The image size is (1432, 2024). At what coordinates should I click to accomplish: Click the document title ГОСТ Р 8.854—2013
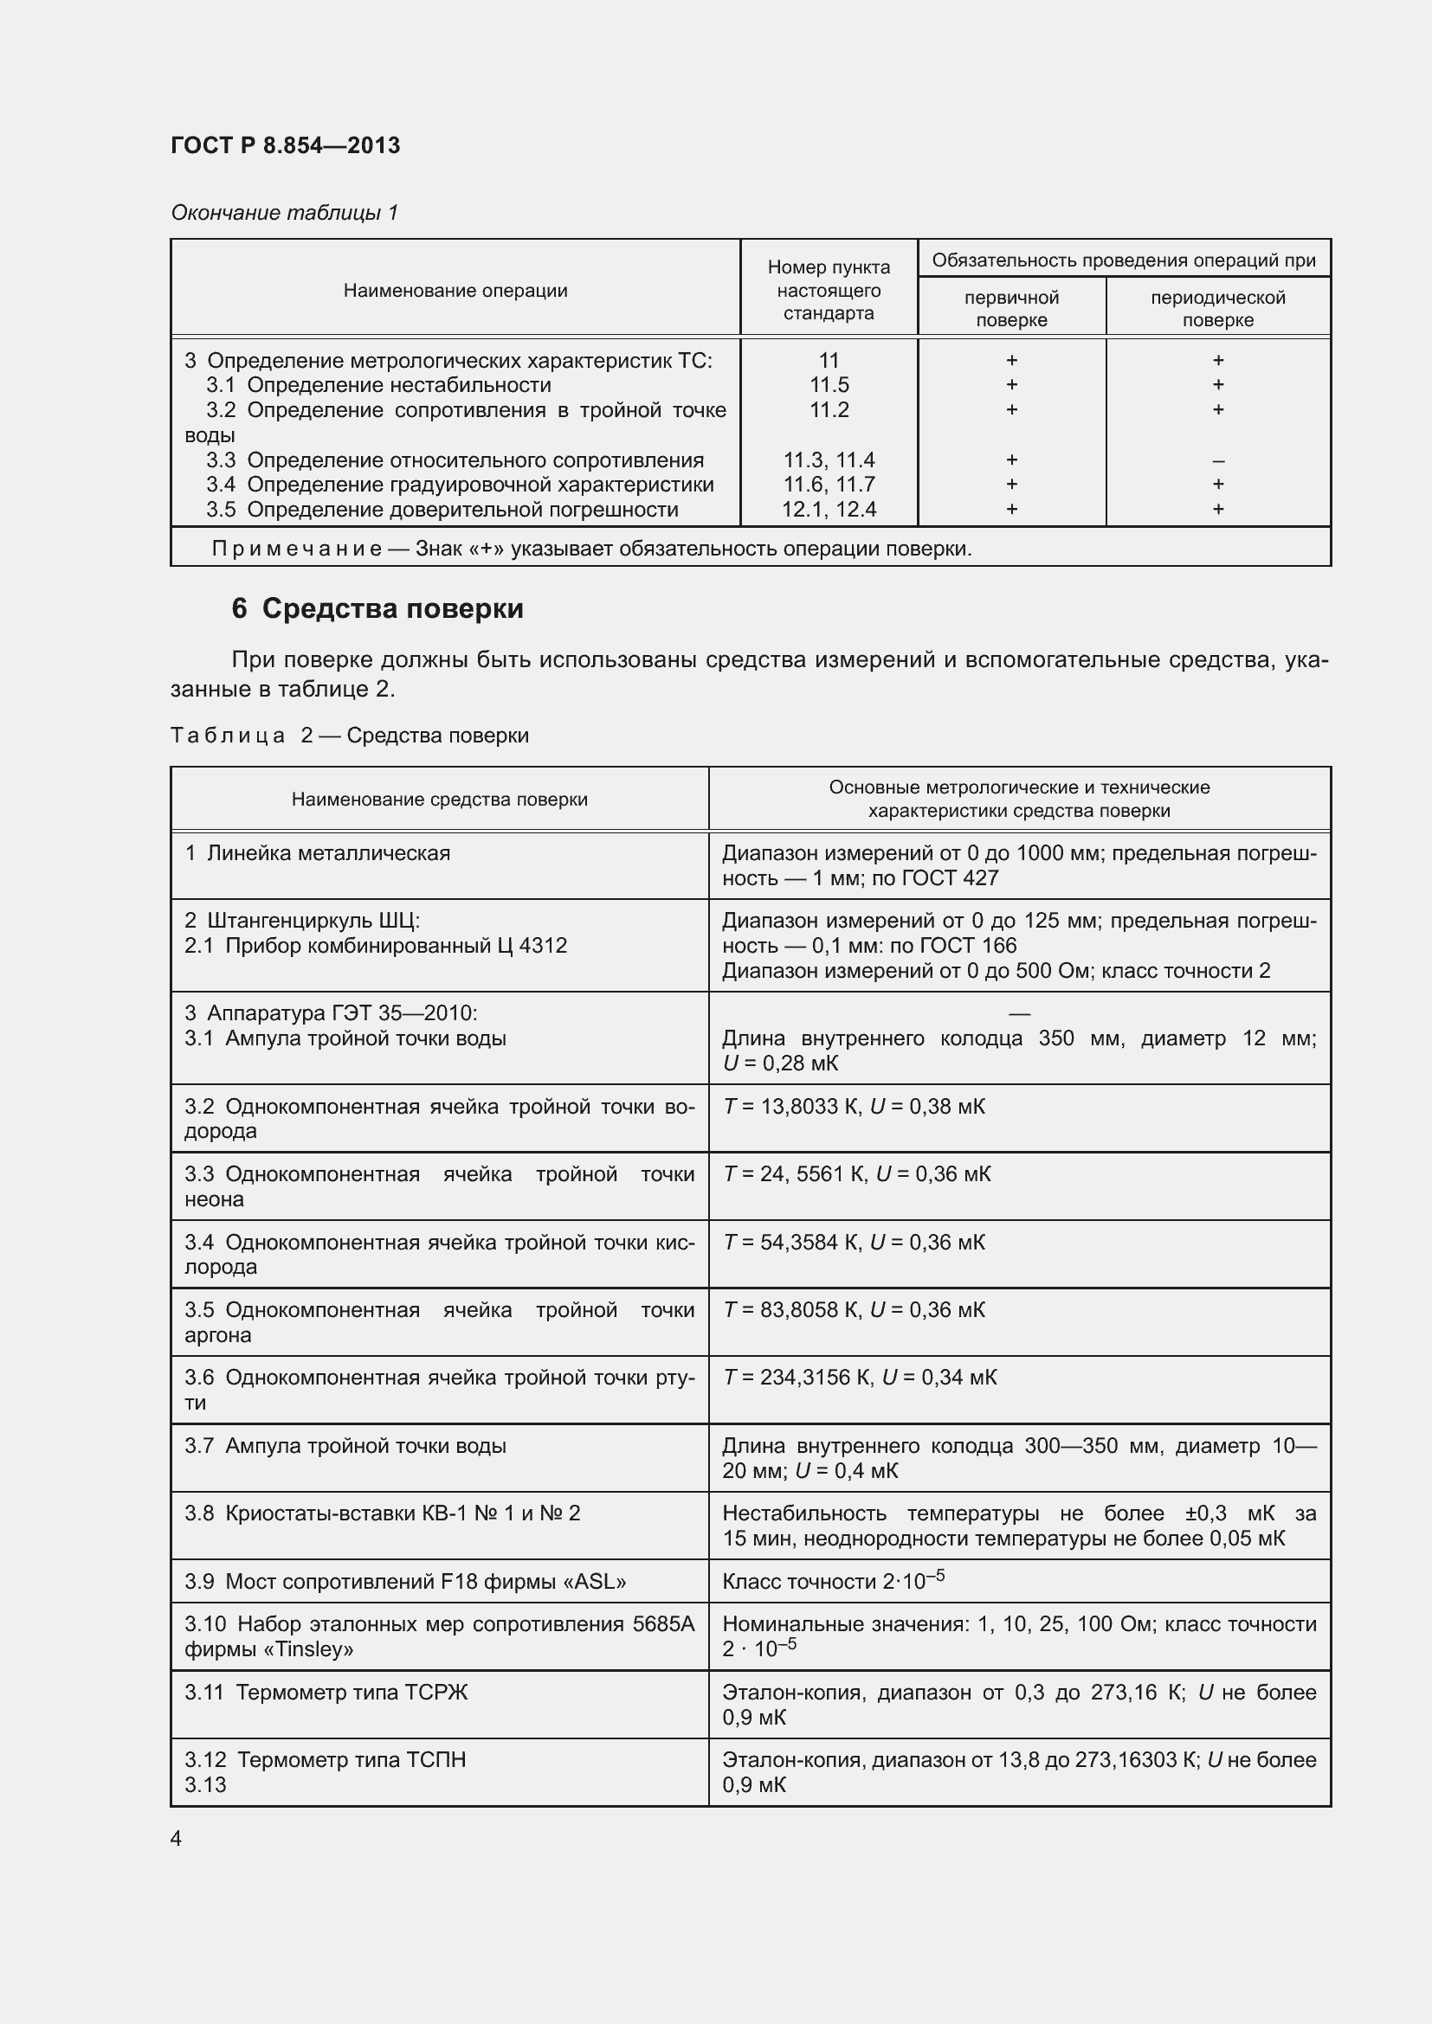285,145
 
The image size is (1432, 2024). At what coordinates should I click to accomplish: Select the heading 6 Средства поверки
377,608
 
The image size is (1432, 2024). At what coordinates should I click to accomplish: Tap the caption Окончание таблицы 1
284,213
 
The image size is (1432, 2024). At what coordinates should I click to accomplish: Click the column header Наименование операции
455,290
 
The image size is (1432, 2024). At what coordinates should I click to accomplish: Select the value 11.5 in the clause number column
829,385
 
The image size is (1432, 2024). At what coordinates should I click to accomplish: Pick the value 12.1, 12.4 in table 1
829,510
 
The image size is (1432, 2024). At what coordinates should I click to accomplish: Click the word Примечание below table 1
296,549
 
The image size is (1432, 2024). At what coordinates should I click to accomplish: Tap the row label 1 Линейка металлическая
318,853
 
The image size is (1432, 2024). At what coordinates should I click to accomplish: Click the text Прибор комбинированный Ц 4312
395,946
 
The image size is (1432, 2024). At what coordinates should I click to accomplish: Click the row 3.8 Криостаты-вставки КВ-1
382,1513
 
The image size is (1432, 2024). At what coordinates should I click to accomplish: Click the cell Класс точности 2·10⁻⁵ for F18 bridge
832,1582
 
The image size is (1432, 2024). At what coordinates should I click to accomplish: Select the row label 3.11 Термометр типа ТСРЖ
326,1693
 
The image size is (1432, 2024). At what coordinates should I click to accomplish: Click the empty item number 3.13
205,1785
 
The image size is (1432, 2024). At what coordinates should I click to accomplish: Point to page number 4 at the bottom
176,1838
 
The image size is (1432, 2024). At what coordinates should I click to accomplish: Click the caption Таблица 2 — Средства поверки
349,736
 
